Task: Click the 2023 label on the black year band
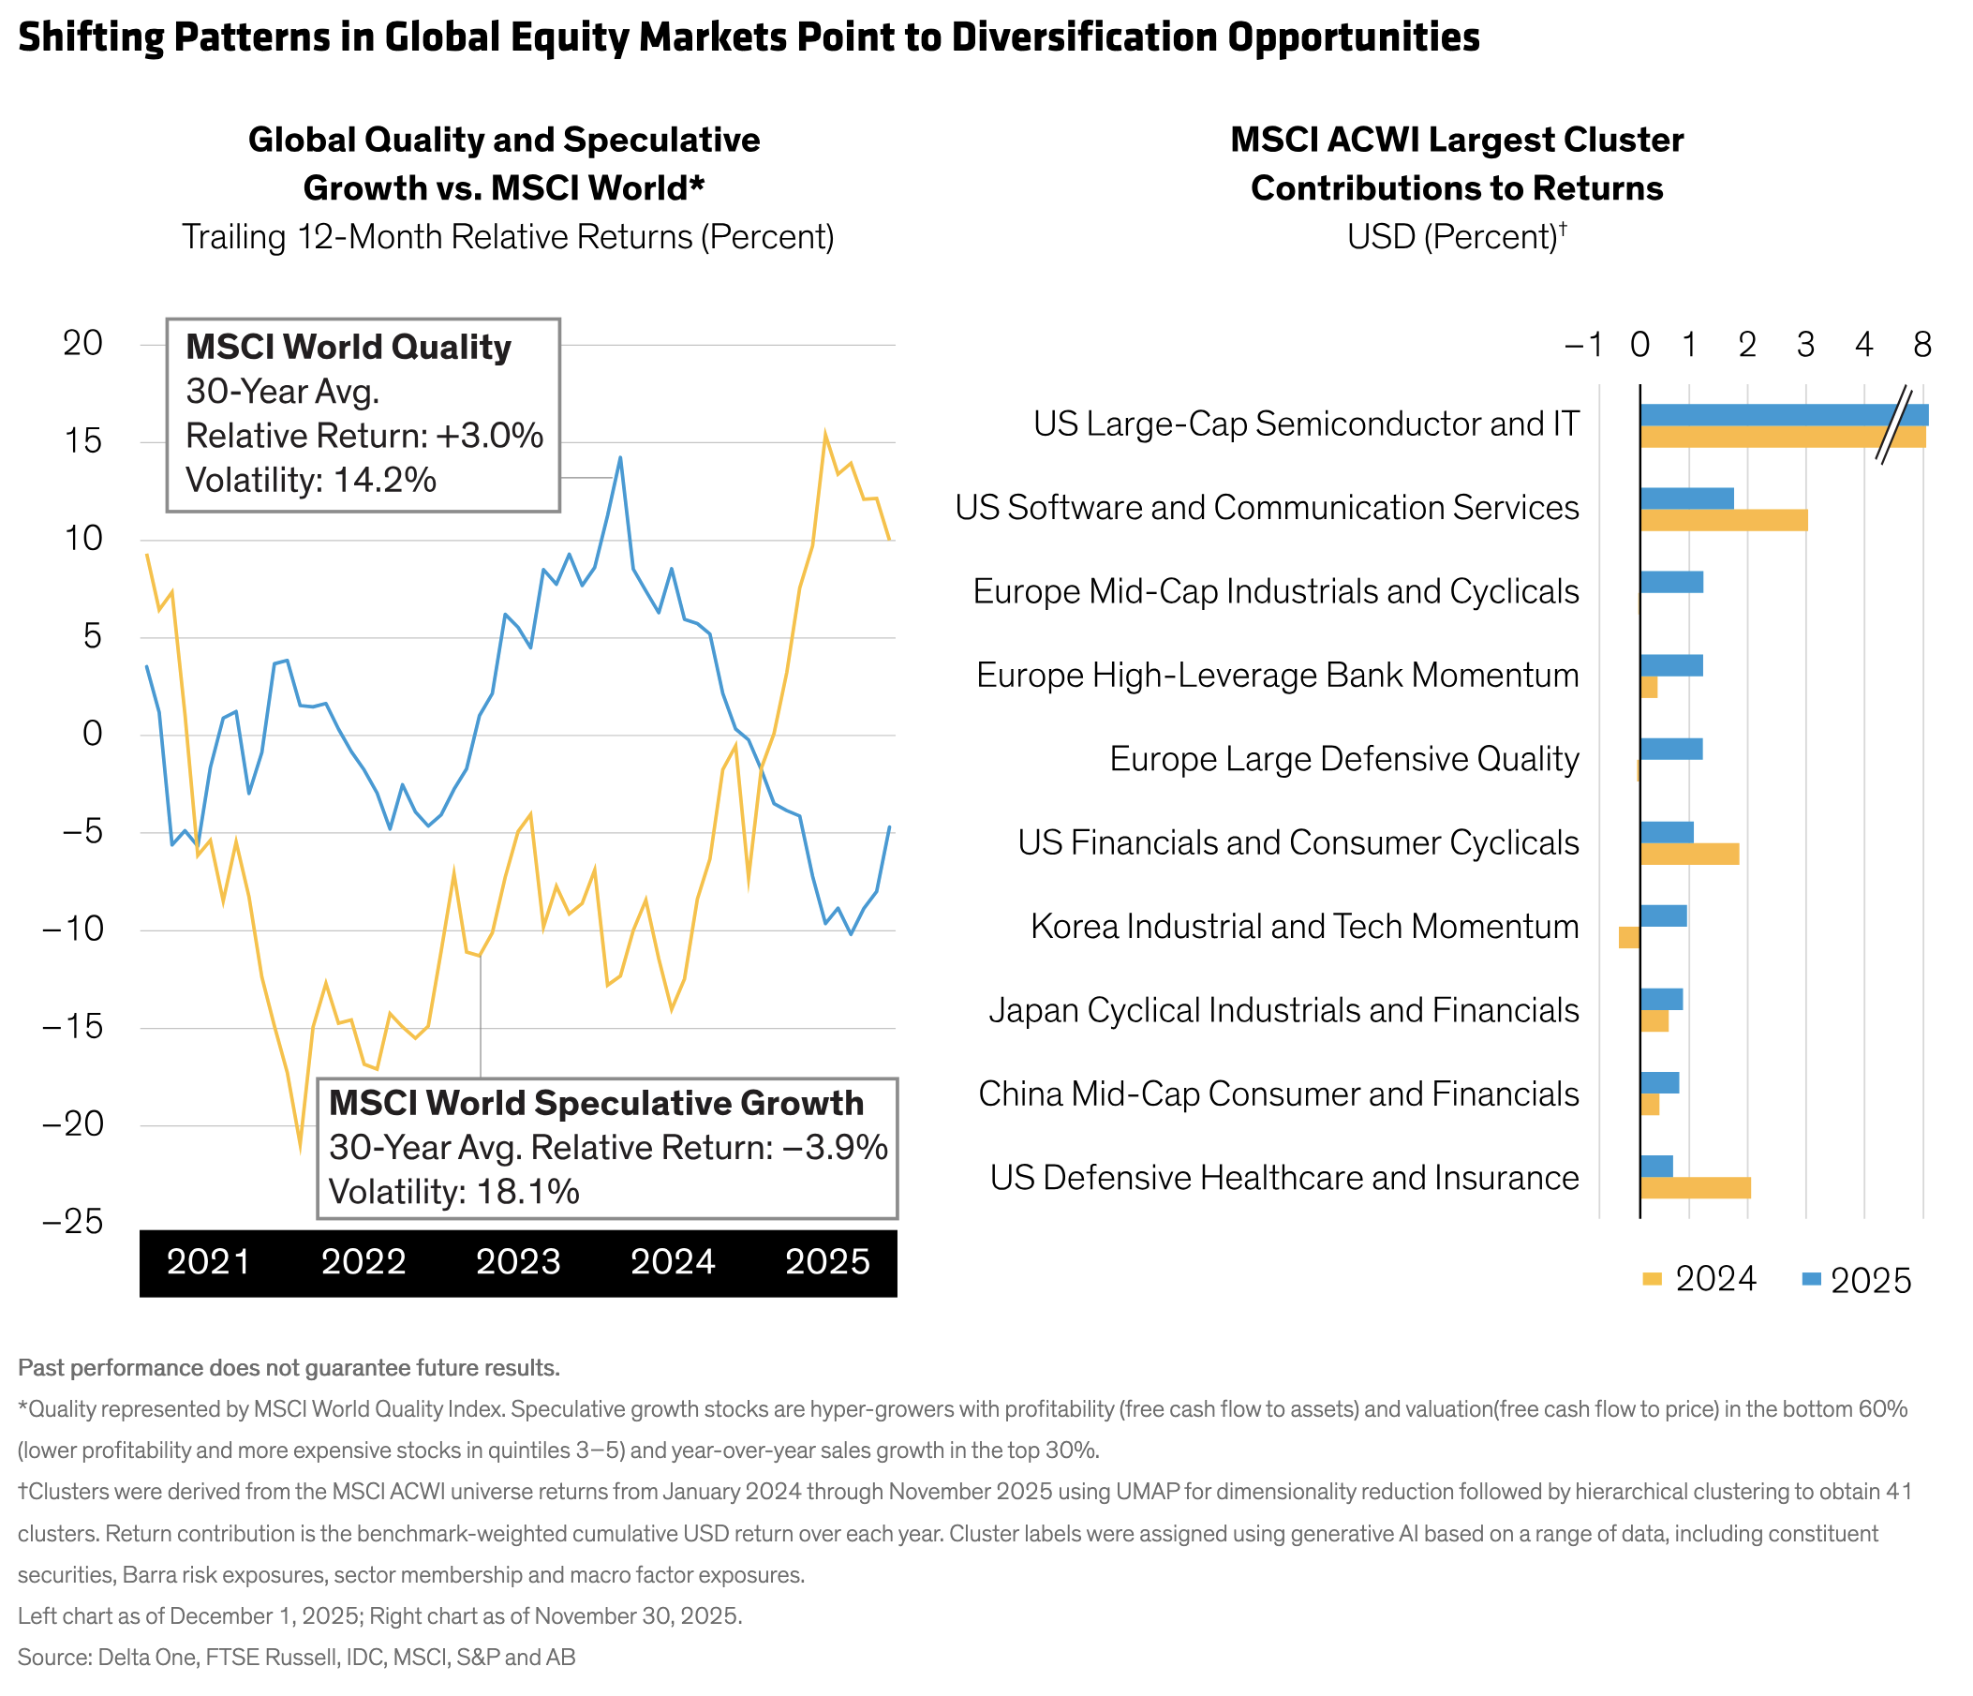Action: pos(518,1262)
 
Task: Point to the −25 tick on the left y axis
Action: pos(72,1222)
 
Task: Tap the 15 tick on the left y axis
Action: pos(82,442)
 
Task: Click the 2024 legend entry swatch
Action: pos(1652,1279)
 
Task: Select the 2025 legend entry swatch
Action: pos(1811,1279)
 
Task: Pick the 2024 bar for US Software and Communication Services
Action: pos(1724,520)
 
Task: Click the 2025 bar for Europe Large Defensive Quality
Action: pos(1671,749)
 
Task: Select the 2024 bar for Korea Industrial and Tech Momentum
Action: pos(1629,937)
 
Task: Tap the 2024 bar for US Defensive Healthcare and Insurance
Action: pos(1695,1187)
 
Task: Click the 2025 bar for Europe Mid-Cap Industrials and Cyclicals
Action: pos(1671,581)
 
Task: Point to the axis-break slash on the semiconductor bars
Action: pos(1894,425)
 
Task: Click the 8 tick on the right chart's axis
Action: pos(1922,345)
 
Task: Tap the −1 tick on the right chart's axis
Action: pos(1584,345)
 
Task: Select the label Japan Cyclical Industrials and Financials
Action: pos(1283,1009)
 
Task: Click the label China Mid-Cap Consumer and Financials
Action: pos(1279,1093)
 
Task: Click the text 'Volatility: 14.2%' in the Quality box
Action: pos(310,480)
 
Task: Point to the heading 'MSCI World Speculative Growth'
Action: pos(596,1103)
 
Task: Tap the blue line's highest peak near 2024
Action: pos(620,458)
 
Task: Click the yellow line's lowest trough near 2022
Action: pos(300,1150)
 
